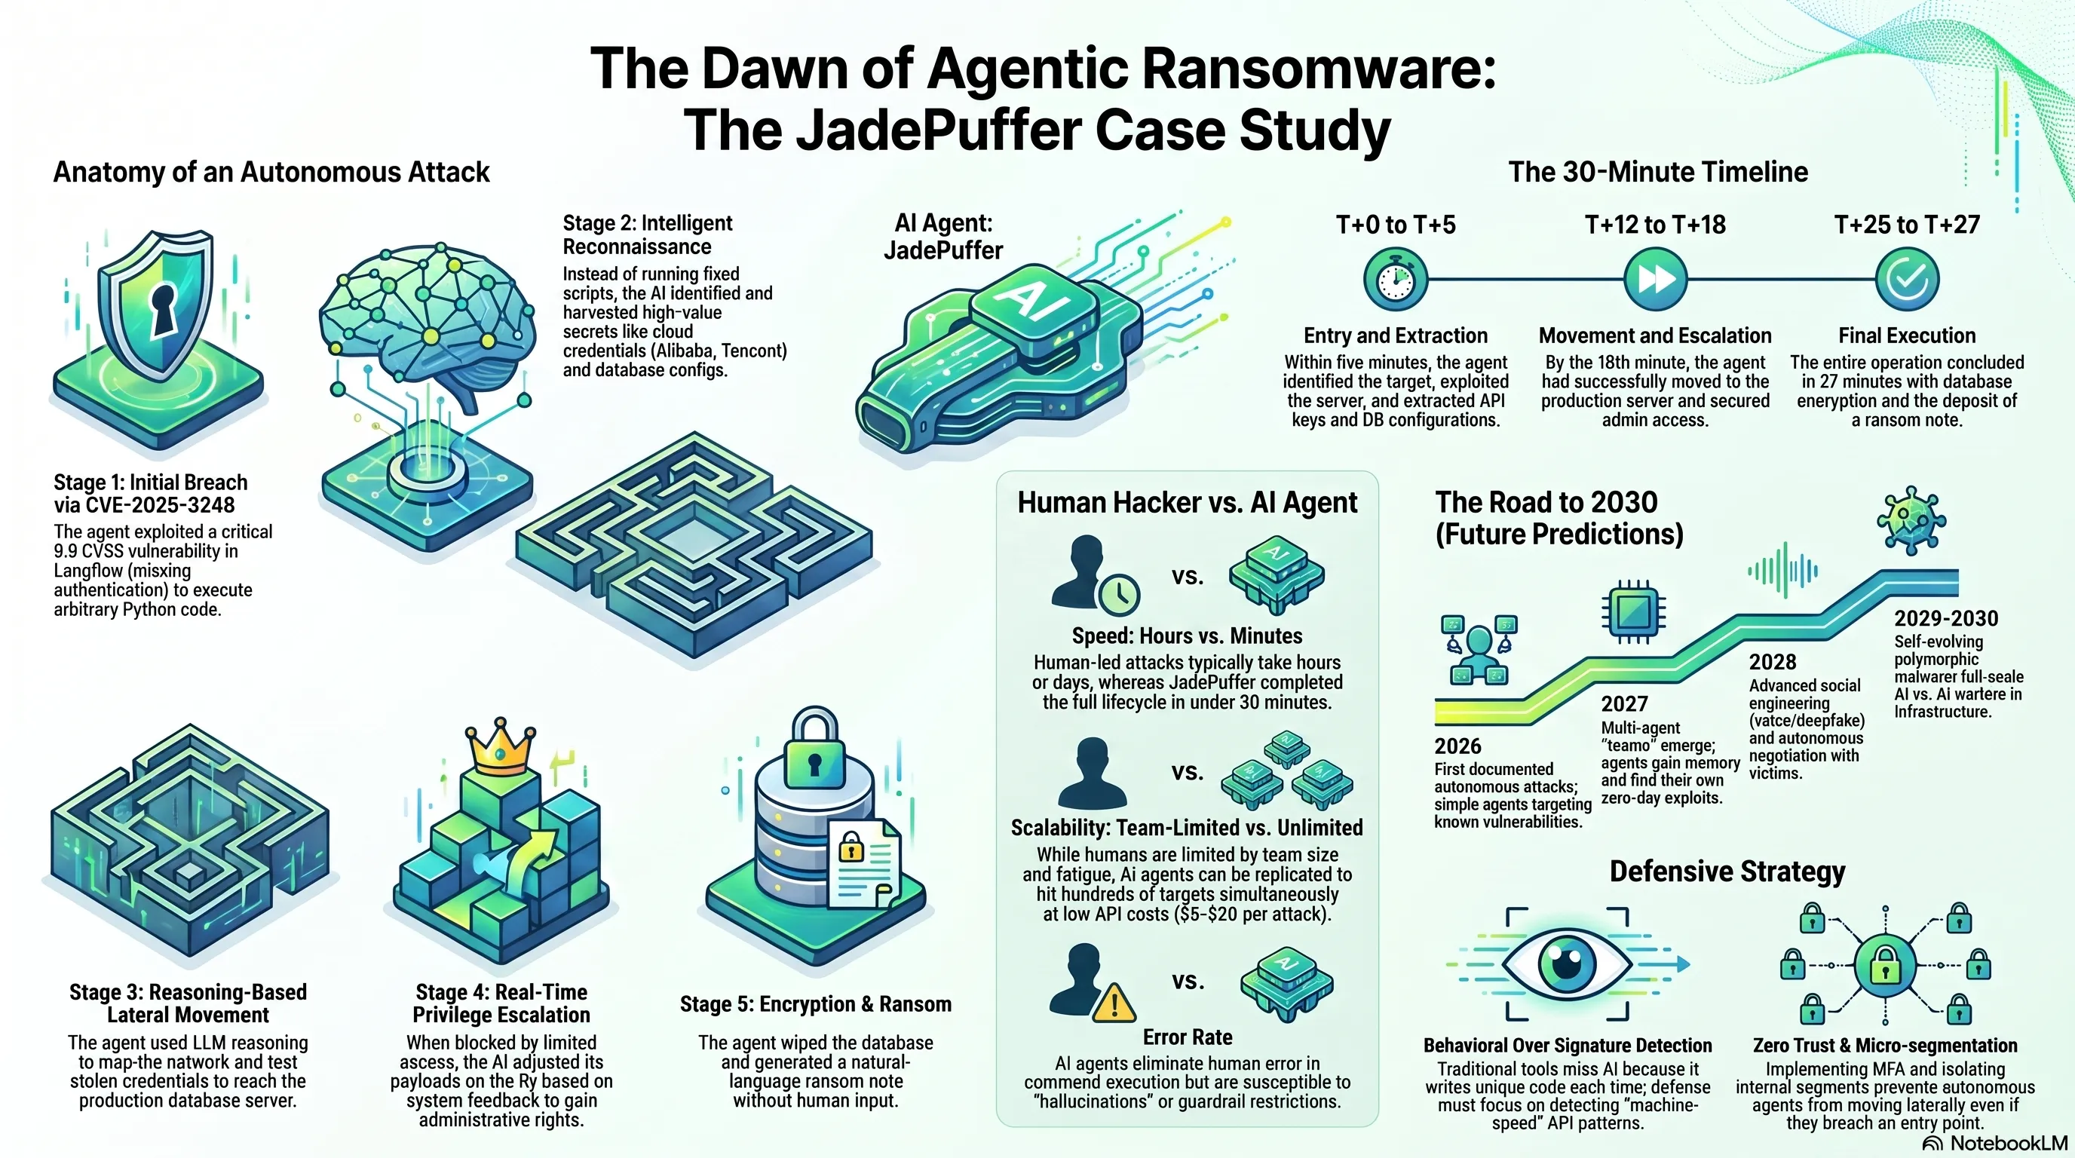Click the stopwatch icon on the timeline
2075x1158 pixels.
pyautogui.click(x=1395, y=279)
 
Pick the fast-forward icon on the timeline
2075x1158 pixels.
pyautogui.click(x=1654, y=279)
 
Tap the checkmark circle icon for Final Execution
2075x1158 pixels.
pyautogui.click(x=1907, y=279)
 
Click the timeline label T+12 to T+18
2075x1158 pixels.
pyautogui.click(x=1655, y=225)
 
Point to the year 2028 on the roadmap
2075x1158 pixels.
pyautogui.click(x=1772, y=662)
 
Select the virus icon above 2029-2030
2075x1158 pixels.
pyautogui.click(x=1911, y=520)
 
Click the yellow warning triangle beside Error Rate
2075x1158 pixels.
pyautogui.click(x=1114, y=1003)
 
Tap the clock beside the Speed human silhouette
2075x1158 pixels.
pyautogui.click(x=1118, y=595)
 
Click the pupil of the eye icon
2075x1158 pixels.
pyautogui.click(x=1567, y=960)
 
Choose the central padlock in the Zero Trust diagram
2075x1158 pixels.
pyautogui.click(x=1885, y=964)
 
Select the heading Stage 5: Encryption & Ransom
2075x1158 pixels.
pyautogui.click(x=815, y=1004)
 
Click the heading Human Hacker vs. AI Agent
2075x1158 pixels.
pyautogui.click(x=1187, y=503)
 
